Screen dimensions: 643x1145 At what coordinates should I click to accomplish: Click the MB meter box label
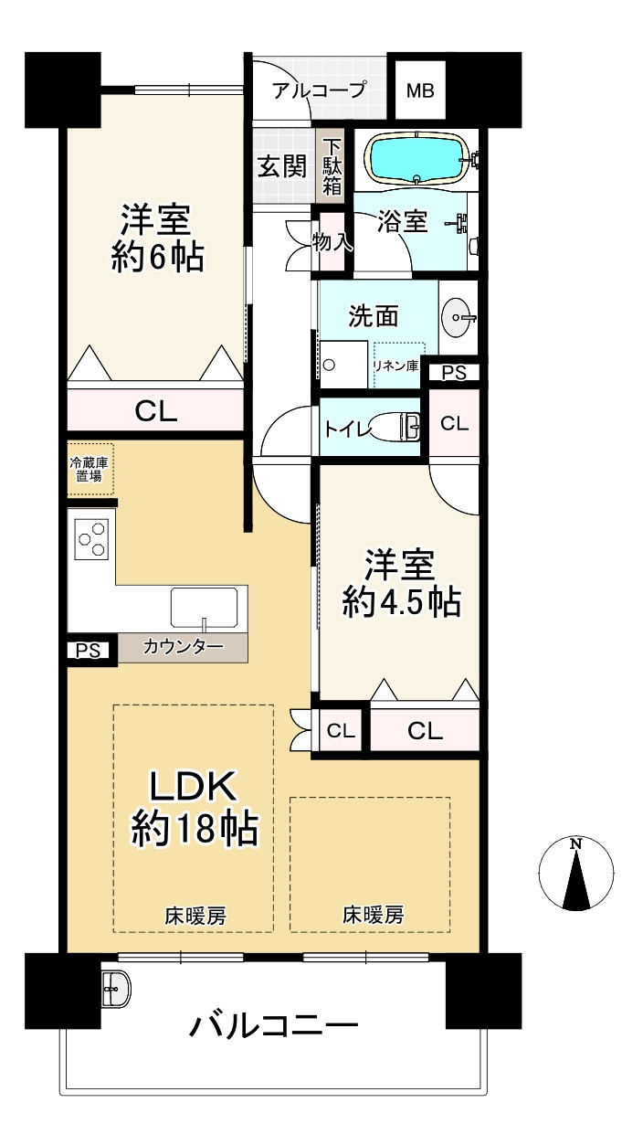(x=420, y=91)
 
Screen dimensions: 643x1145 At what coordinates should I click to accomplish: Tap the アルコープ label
(x=319, y=90)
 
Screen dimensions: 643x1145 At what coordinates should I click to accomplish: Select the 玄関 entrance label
(x=282, y=166)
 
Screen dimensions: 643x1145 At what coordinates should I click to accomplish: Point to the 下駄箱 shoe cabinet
(x=332, y=166)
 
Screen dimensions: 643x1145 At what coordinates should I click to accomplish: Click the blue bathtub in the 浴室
(x=416, y=158)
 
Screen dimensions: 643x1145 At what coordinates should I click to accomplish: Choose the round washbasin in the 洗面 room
(x=455, y=318)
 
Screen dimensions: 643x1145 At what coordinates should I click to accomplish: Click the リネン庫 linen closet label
(x=396, y=366)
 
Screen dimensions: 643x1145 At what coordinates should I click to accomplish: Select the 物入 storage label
(x=332, y=242)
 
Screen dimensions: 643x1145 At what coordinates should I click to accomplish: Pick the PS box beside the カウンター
(x=88, y=651)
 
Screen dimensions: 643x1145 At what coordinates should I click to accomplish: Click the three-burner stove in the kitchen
(x=92, y=539)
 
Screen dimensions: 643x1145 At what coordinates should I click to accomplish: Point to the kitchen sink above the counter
(x=204, y=608)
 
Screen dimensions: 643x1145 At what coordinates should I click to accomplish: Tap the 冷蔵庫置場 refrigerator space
(x=90, y=470)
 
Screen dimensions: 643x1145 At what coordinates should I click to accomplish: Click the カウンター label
(x=184, y=647)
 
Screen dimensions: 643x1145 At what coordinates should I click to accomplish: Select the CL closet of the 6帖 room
(x=156, y=410)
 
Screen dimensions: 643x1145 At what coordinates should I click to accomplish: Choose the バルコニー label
(x=274, y=1025)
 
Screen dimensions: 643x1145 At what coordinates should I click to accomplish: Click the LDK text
(x=193, y=785)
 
